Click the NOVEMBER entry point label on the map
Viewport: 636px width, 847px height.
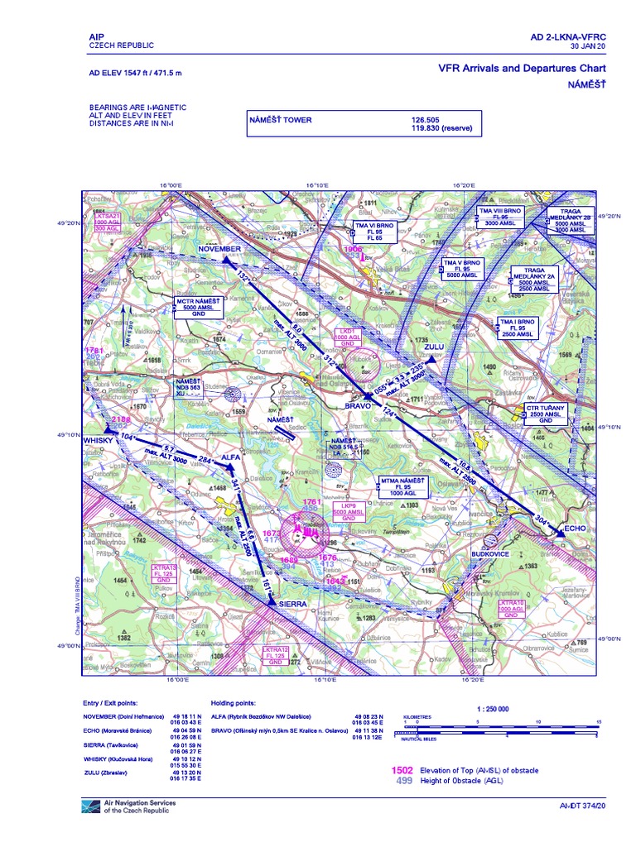tap(219, 248)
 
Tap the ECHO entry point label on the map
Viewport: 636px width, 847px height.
tap(552, 526)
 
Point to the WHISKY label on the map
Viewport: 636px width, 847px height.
tap(97, 441)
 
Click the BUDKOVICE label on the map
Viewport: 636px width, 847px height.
tap(489, 553)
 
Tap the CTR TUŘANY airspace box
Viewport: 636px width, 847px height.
tap(545, 414)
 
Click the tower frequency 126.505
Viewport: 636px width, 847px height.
tap(430, 120)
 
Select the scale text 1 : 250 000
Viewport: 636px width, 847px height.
tap(493, 709)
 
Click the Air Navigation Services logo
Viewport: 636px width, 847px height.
tap(91, 806)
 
